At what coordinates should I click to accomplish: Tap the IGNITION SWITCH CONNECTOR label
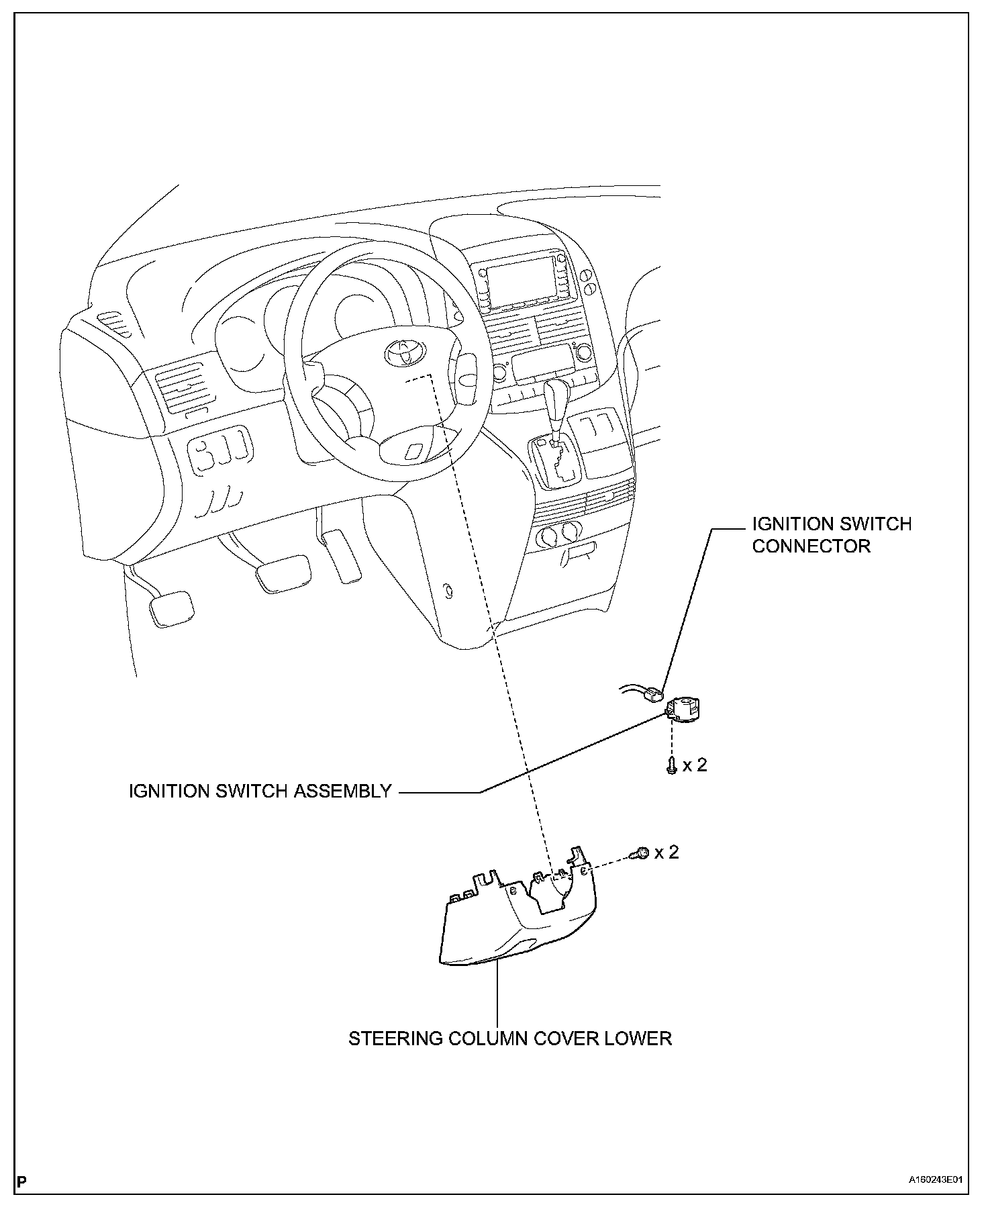pyautogui.click(x=831, y=534)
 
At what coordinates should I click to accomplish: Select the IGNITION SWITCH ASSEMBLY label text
pyautogui.click(x=260, y=791)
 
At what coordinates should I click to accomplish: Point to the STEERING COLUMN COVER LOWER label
pyautogui.click(x=509, y=1039)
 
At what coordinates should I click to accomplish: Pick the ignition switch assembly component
pyautogui.click(x=684, y=709)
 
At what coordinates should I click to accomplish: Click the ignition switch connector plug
pyautogui.click(x=652, y=694)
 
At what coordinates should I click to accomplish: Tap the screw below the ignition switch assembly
pyautogui.click(x=671, y=766)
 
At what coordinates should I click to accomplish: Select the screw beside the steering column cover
pyautogui.click(x=639, y=853)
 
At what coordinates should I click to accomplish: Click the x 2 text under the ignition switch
pyautogui.click(x=695, y=765)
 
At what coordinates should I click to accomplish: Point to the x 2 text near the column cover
pyautogui.click(x=666, y=852)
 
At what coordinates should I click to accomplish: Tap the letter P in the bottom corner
pyautogui.click(x=22, y=1181)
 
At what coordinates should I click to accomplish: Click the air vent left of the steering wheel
pyautogui.click(x=181, y=387)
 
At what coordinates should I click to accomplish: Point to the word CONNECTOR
pyautogui.click(x=811, y=546)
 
